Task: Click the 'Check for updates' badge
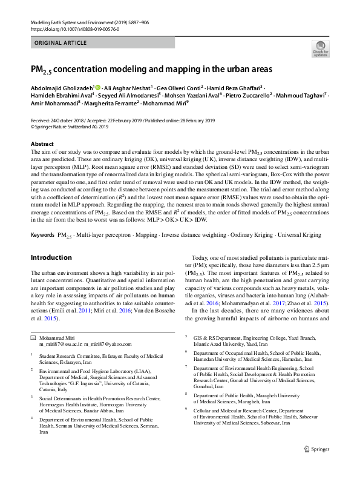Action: pyautogui.click(x=321, y=48)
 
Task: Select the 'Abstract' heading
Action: pyautogui.click(x=42, y=144)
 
